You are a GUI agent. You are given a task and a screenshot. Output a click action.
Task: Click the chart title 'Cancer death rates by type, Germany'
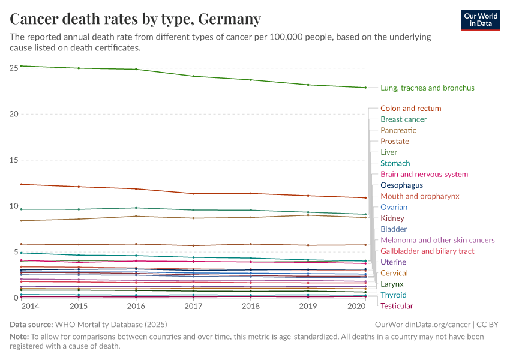[x=136, y=19]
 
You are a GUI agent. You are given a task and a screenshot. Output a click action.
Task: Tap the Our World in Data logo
[x=480, y=20]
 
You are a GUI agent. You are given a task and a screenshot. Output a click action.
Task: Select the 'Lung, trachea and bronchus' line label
[x=427, y=88]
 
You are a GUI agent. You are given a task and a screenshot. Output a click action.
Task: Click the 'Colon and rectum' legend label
[x=410, y=109]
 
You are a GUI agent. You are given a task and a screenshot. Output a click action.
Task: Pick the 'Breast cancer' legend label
[x=403, y=119]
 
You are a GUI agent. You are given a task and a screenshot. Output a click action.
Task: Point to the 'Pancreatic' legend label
[x=398, y=130]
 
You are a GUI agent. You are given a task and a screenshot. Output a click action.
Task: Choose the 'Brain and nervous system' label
[x=424, y=174]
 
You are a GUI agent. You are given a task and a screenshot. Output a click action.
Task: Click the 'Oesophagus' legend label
[x=401, y=185]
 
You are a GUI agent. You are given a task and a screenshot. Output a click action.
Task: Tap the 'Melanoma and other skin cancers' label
[x=437, y=240]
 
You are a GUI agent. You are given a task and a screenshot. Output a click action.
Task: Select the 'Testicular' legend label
[x=397, y=306]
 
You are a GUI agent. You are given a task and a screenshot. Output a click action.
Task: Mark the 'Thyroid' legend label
[x=393, y=295]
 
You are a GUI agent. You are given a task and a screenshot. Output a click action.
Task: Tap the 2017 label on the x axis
[x=193, y=307]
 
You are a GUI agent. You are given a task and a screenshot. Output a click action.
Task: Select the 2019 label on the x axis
[x=308, y=307]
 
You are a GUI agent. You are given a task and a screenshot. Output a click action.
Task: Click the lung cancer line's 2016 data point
[x=136, y=69]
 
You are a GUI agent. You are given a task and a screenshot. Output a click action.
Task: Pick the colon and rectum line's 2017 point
[x=193, y=194]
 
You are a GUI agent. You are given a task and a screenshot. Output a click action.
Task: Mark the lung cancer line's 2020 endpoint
[x=366, y=88]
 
